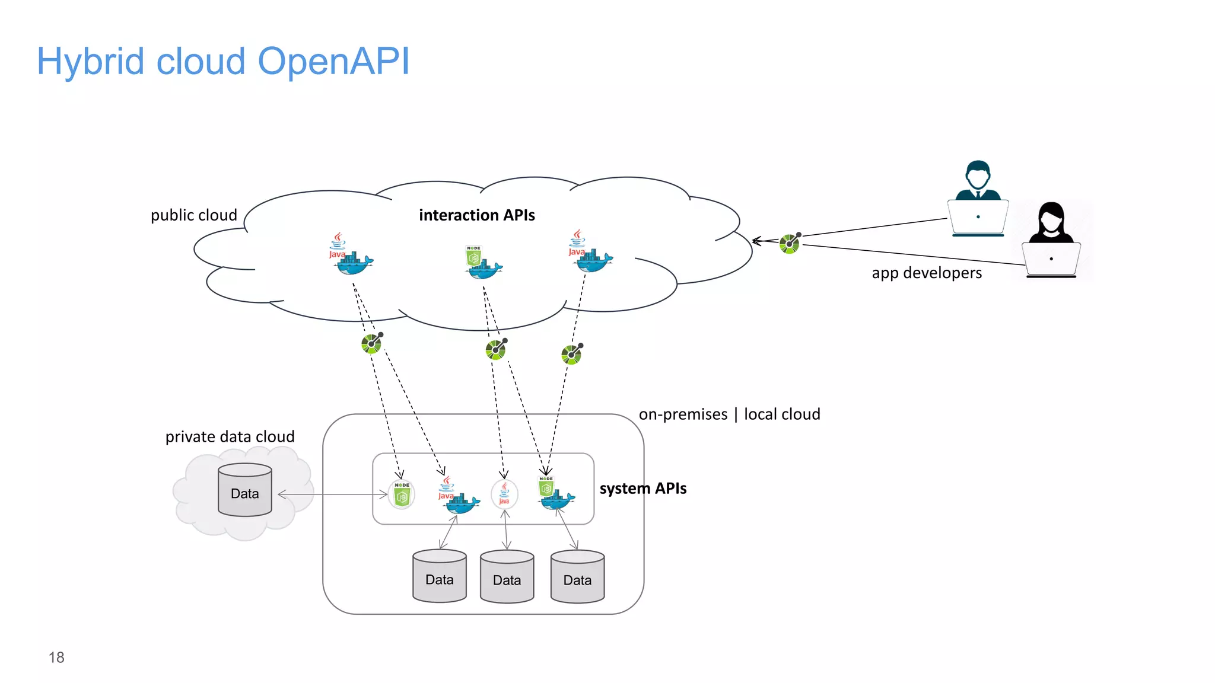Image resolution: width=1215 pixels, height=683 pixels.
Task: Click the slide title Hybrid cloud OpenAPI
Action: pyautogui.click(x=223, y=61)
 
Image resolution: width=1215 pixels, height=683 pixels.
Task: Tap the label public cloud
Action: pyautogui.click(x=193, y=215)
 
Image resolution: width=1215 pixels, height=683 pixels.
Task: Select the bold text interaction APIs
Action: pyautogui.click(x=476, y=215)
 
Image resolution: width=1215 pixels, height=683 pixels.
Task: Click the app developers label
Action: pyautogui.click(x=926, y=273)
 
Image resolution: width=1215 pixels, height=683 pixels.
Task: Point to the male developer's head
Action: pyautogui.click(x=977, y=175)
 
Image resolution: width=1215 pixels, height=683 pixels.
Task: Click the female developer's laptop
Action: pyautogui.click(x=1051, y=260)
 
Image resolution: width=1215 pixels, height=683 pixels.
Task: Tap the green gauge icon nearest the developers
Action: pyautogui.click(x=790, y=242)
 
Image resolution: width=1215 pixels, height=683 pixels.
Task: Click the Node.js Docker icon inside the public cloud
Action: pyautogui.click(x=482, y=263)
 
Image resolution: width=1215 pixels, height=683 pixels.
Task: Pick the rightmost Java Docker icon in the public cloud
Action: pyautogui.click(x=590, y=254)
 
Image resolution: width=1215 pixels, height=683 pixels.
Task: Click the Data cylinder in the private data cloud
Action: pyautogui.click(x=244, y=490)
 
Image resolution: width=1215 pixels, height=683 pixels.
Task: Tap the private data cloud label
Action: pyautogui.click(x=230, y=437)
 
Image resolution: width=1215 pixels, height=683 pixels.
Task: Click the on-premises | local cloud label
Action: pyautogui.click(x=729, y=414)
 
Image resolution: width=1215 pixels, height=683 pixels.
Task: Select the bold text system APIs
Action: pyautogui.click(x=643, y=489)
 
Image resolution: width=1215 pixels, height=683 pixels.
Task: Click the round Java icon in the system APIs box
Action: pyautogui.click(x=504, y=493)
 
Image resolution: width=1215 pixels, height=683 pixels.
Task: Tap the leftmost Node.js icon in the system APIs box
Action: pyautogui.click(x=402, y=494)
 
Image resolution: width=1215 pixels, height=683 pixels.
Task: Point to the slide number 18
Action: pyautogui.click(x=56, y=658)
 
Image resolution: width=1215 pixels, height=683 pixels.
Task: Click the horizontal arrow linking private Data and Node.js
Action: pyautogui.click(x=332, y=494)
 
